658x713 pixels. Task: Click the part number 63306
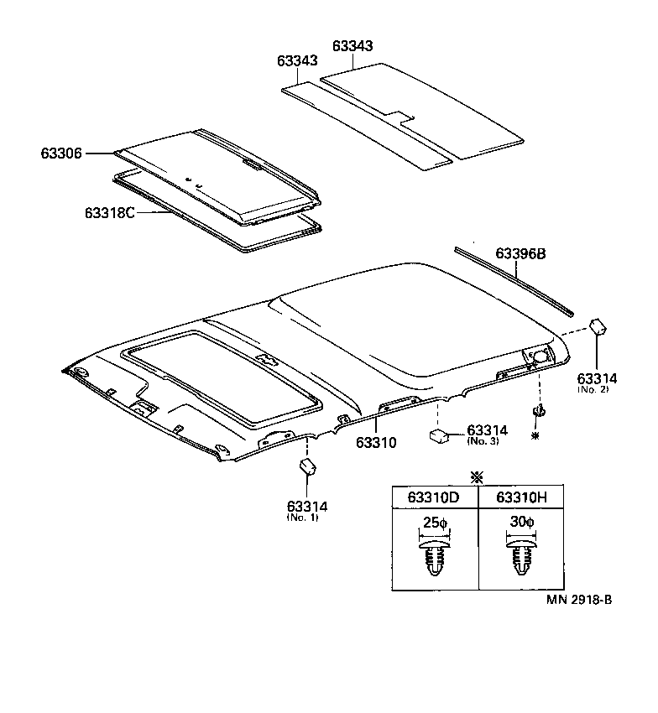(x=60, y=154)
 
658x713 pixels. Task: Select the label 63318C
(x=110, y=212)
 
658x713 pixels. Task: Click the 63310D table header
(x=434, y=497)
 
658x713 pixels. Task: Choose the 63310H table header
(x=522, y=497)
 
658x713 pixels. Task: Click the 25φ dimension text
(x=434, y=523)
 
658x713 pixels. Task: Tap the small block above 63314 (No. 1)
(x=308, y=466)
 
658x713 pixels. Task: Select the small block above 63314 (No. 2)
(x=598, y=325)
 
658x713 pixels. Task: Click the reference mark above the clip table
(x=478, y=476)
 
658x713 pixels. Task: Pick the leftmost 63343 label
(x=297, y=61)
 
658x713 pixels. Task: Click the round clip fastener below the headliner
(x=537, y=411)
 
